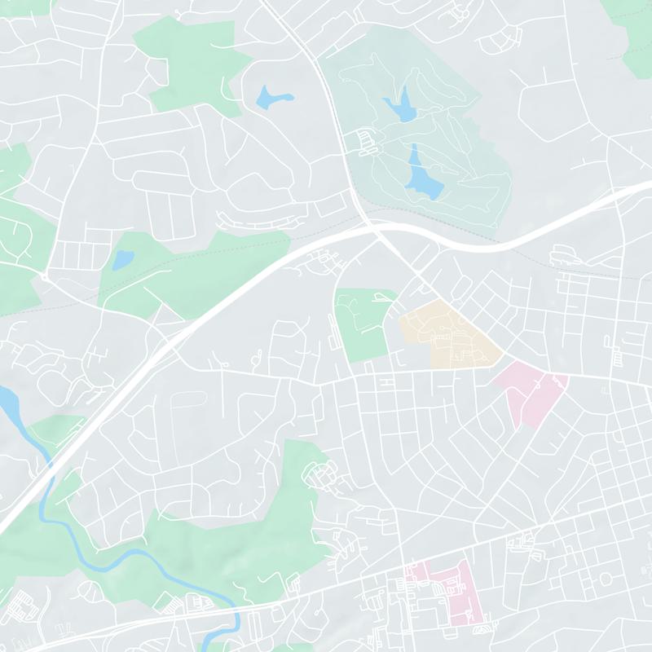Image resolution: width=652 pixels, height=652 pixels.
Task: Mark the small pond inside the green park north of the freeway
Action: pyautogui.click(x=122, y=260)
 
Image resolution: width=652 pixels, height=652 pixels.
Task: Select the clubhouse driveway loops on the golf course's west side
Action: pyautogui.click(x=363, y=143)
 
